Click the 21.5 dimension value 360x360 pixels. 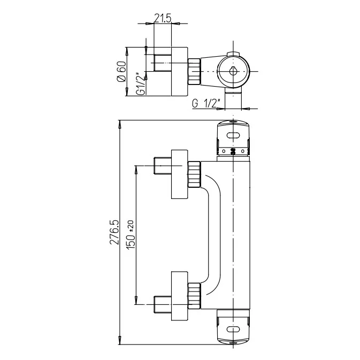(162, 18)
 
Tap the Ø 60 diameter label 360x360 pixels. (121, 72)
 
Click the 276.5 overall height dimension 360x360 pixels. (113, 232)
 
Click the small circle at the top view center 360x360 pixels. (234, 71)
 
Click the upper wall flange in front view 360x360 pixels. (179, 174)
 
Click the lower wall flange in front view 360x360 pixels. (179, 296)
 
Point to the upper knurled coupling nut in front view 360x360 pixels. (194, 174)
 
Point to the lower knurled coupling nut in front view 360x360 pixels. (194, 296)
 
